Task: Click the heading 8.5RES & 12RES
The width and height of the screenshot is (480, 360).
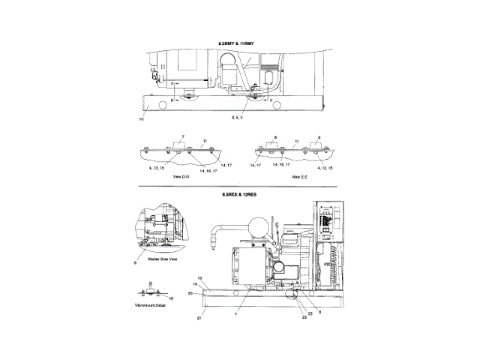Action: [x=238, y=194]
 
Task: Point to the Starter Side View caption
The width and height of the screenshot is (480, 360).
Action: [x=163, y=259]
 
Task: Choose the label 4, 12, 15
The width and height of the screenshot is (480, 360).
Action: [x=324, y=169]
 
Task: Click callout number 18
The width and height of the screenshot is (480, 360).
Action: [x=195, y=285]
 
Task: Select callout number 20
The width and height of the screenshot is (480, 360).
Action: [x=190, y=293]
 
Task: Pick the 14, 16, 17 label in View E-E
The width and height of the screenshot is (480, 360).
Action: [x=281, y=163]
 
